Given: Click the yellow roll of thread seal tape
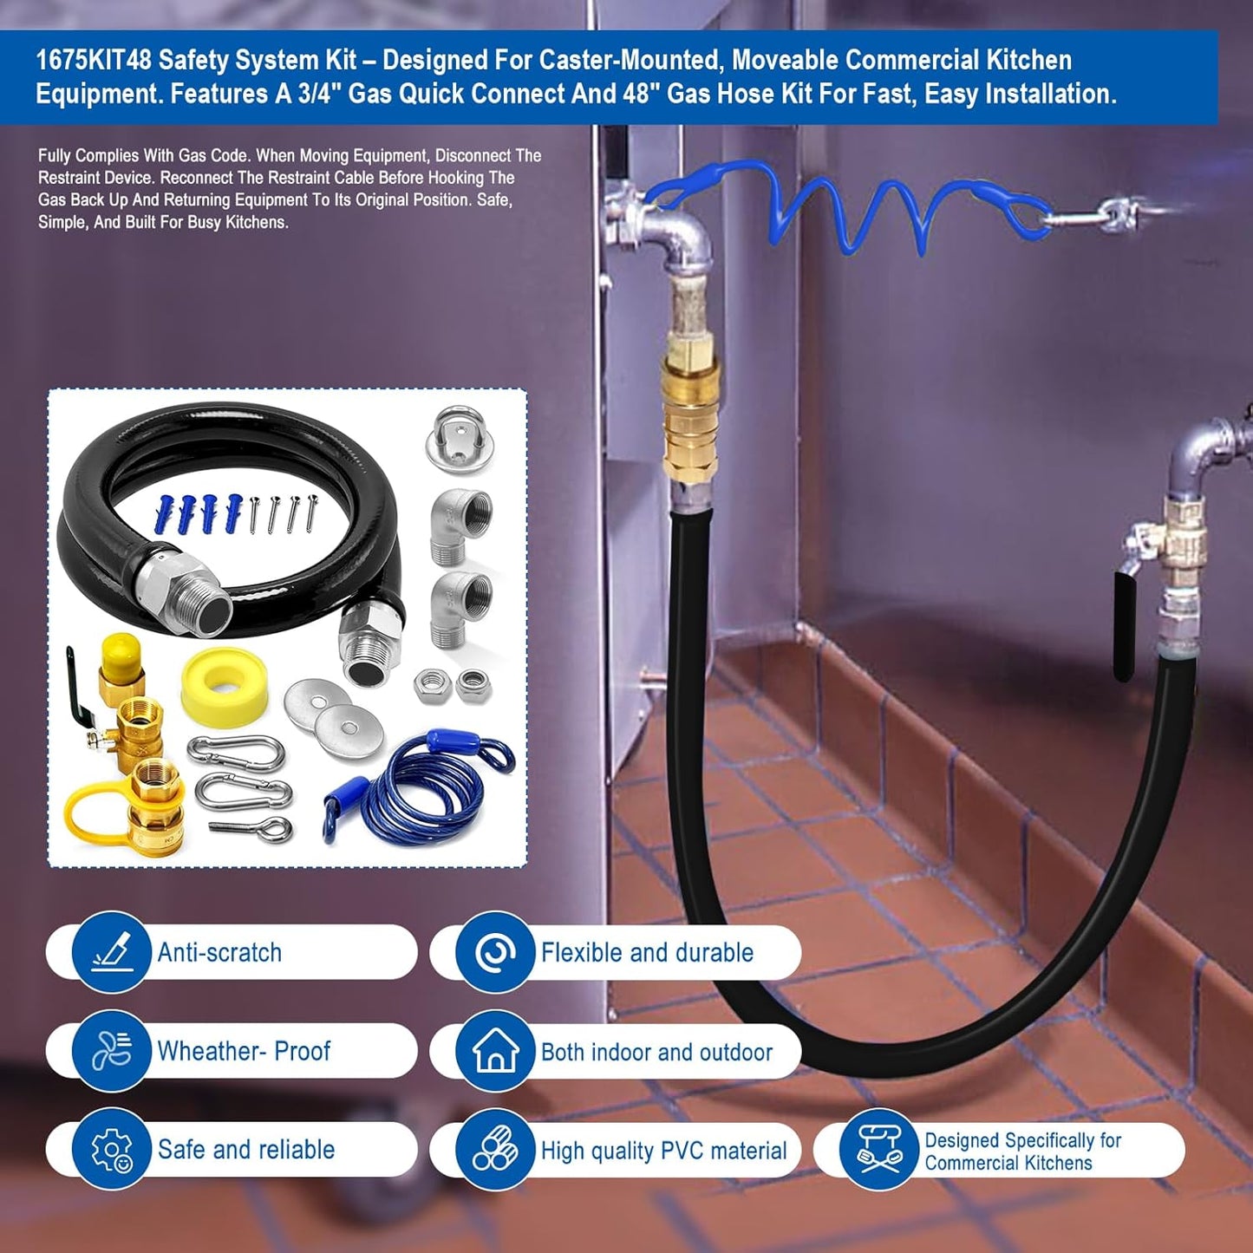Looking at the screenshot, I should pos(224,685).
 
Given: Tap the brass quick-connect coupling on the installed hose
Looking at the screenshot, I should pos(690,416).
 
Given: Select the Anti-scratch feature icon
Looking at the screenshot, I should pos(111,951).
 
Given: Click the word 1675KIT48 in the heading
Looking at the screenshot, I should pos(93,60).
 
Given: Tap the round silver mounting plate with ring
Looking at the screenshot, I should pos(459,439).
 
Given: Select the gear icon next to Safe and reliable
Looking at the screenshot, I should pos(111,1149).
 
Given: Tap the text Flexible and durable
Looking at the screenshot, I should pos(647,952).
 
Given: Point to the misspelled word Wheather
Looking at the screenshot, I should pos(208,1051).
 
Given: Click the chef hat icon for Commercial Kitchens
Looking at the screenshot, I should pos(878,1149).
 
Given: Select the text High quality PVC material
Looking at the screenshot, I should pos(663,1151).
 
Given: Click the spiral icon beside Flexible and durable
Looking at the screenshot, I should pos(495,952).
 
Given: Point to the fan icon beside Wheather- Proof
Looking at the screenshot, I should pos(111,1050).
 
